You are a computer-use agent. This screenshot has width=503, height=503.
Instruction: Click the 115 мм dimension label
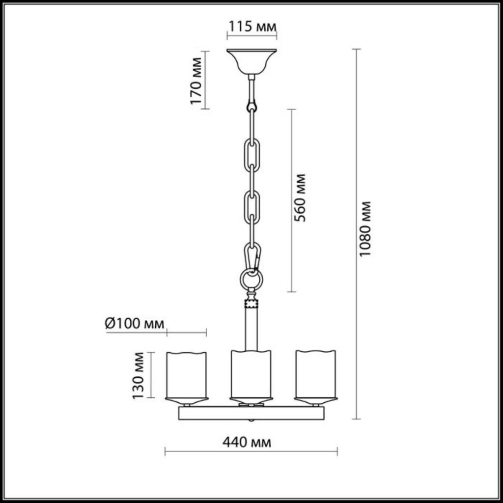click(x=252, y=27)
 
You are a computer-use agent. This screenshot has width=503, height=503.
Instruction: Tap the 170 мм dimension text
click(x=196, y=81)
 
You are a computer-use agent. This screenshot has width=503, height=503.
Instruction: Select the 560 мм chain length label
click(x=300, y=198)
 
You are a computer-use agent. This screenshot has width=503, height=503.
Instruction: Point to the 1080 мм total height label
click(x=365, y=229)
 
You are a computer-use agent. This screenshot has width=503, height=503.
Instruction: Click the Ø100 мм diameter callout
click(x=135, y=324)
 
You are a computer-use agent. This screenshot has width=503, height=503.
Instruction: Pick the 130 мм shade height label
click(x=139, y=376)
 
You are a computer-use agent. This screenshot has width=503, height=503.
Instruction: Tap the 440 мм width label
click(x=247, y=443)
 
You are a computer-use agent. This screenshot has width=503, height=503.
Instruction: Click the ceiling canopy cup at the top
click(x=251, y=61)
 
